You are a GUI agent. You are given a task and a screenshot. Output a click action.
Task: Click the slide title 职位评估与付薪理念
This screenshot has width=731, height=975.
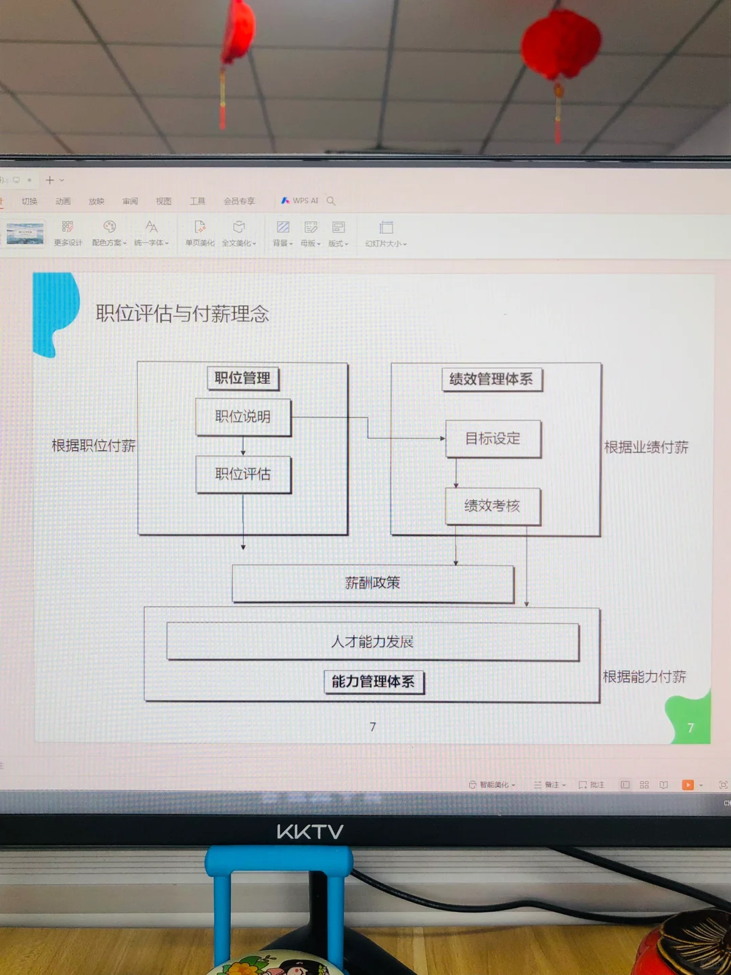click(x=182, y=313)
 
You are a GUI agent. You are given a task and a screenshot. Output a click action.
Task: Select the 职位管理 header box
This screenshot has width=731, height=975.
click(x=242, y=378)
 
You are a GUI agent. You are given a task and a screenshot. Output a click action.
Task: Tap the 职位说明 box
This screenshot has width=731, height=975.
click(x=243, y=416)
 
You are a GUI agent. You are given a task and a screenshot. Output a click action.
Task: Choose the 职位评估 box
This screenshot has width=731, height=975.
click(x=243, y=474)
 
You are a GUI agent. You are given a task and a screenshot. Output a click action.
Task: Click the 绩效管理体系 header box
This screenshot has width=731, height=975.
click(x=491, y=379)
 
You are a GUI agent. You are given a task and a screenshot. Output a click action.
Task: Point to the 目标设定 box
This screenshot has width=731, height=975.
click(x=493, y=439)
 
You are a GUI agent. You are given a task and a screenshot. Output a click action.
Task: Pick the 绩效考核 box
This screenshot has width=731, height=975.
click(x=492, y=506)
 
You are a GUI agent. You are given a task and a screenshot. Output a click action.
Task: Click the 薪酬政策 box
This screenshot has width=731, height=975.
click(x=372, y=583)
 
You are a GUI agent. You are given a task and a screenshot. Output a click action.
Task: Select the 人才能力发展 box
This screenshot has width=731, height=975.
click(x=372, y=641)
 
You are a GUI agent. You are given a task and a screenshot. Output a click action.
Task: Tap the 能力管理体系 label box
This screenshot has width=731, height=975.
click(x=373, y=682)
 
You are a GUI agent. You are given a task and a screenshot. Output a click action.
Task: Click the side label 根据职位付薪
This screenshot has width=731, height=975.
click(x=93, y=446)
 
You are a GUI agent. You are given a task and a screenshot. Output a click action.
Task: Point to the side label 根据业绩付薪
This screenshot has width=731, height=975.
click(x=646, y=447)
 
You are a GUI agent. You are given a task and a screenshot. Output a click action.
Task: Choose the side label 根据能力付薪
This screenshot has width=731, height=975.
click(x=644, y=676)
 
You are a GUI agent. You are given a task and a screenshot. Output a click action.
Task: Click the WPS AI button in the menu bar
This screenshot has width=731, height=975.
click(x=300, y=201)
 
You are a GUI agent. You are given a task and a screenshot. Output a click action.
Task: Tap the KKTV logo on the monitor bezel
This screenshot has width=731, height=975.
click(x=310, y=831)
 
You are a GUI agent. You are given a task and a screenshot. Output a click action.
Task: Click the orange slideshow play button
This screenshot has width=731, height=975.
click(x=688, y=785)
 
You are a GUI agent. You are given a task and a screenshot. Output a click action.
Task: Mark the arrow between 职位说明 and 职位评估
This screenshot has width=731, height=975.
click(x=243, y=446)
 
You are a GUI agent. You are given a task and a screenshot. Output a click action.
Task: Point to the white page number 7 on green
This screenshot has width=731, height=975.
click(x=690, y=728)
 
